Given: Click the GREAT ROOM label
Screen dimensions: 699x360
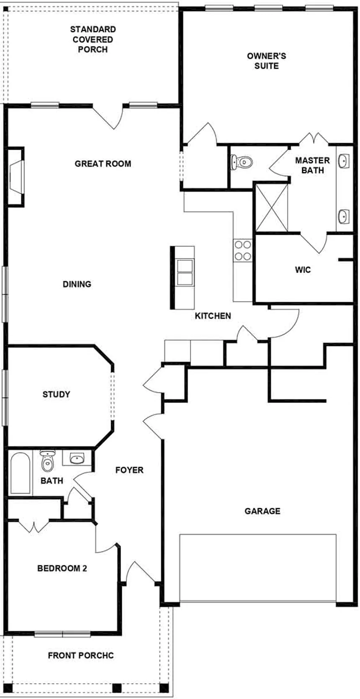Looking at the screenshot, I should [103, 164].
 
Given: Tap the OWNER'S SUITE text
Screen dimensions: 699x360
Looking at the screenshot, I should [266, 61].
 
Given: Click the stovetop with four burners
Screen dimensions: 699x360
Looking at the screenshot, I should [242, 250].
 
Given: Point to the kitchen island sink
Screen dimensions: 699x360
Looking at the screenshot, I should [185, 272].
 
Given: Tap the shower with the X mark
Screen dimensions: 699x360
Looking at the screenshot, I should [272, 208].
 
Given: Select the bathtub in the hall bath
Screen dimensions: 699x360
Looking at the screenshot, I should [20, 473].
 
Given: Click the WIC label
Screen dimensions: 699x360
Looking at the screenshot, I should [303, 270].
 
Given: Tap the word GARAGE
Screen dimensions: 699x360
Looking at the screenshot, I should [262, 511].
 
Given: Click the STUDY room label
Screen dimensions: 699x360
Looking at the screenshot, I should [56, 394].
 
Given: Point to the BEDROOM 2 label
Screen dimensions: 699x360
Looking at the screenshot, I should [62, 568].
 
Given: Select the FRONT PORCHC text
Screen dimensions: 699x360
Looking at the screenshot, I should [81, 655].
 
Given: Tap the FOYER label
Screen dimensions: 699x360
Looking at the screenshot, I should [129, 470].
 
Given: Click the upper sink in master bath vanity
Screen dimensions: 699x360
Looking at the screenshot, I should [344, 160].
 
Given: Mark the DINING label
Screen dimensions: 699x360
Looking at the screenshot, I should [77, 284].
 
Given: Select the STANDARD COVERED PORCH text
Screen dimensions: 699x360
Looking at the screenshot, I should [93, 39].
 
